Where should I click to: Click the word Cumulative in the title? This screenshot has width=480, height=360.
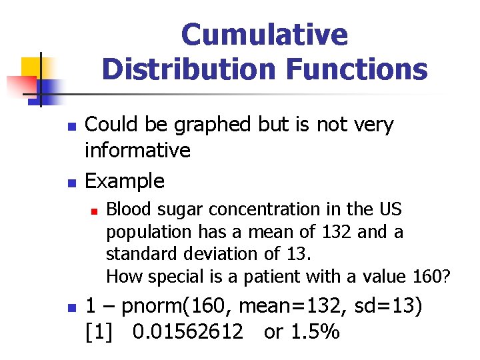pyautogui.click(x=264, y=35)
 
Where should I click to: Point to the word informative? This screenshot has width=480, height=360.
pyautogui.click(x=137, y=151)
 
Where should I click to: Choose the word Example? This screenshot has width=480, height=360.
pyautogui.click(x=125, y=181)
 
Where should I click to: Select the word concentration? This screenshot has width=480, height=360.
pyautogui.click(x=254, y=209)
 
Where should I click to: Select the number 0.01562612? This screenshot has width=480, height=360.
pyautogui.click(x=188, y=331)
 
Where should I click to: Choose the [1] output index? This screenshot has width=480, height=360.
pyautogui.click(x=97, y=331)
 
